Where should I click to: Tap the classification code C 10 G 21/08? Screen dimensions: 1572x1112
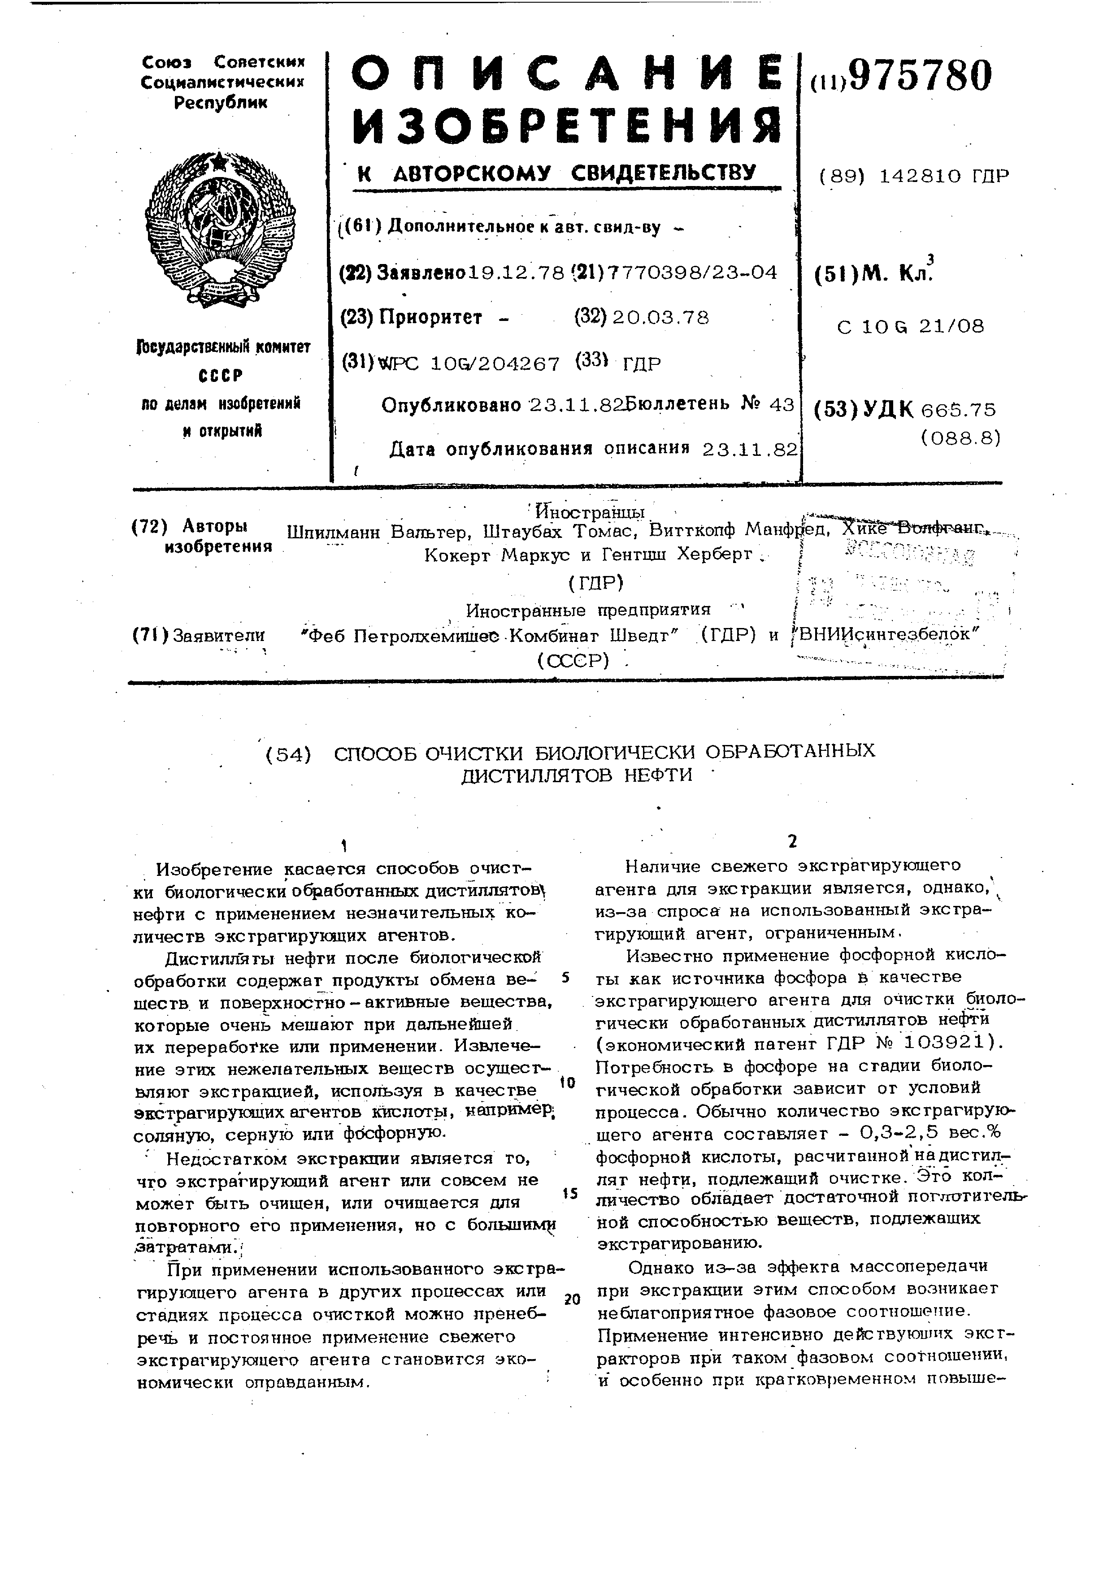pos(910,327)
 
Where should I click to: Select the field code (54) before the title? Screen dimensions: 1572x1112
pos(287,754)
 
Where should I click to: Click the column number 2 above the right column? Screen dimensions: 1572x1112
pos(792,841)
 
